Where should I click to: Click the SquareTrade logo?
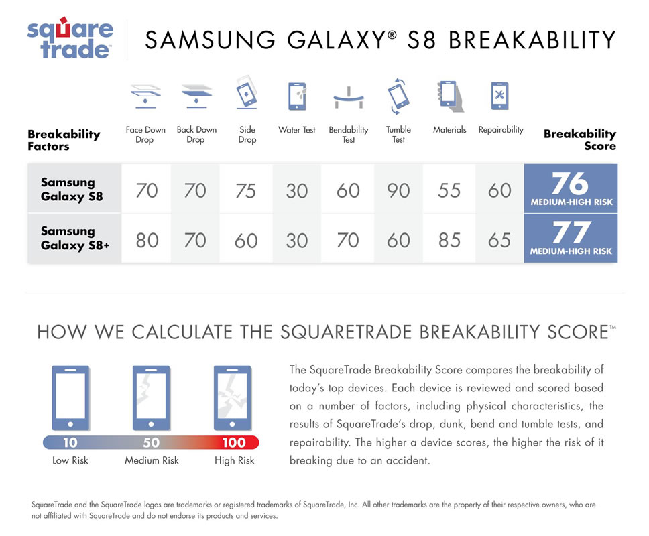point(70,38)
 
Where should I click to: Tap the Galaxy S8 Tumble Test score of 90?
point(398,191)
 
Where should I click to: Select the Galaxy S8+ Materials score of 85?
point(449,241)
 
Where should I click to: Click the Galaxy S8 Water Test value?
point(297,191)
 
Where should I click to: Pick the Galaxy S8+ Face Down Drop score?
point(147,241)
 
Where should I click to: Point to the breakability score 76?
point(570,184)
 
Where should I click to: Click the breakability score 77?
point(571,232)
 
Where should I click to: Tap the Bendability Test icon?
point(349,98)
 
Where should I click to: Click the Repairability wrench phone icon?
point(499,96)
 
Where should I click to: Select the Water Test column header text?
point(297,130)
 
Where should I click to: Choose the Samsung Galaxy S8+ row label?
point(75,239)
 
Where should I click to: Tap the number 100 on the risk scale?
point(234,442)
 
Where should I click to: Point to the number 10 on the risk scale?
point(70,442)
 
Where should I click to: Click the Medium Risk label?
point(152,460)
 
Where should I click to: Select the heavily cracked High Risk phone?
point(232,398)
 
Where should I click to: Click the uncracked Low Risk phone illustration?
point(70,398)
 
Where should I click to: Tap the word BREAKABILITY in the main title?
point(533,40)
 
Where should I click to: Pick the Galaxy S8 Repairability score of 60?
point(499,191)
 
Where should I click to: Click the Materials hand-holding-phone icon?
point(450,96)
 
